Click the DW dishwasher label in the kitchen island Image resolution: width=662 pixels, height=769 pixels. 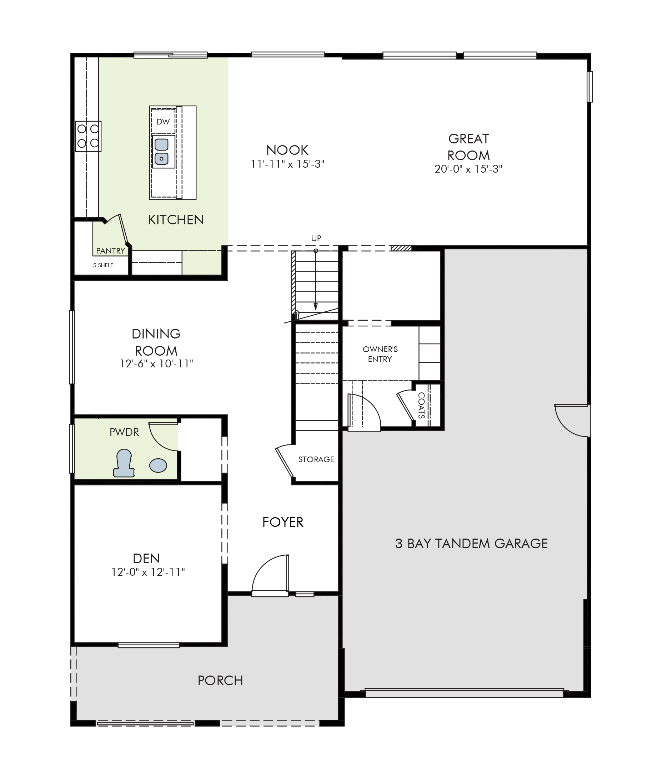[163, 121]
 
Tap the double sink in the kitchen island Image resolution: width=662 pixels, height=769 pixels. [162, 152]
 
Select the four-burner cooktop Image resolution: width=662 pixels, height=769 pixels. [89, 136]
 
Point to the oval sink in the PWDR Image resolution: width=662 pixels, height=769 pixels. [158, 465]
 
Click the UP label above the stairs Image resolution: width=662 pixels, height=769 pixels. [316, 238]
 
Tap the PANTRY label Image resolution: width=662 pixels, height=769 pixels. [111, 251]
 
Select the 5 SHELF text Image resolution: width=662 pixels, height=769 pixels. [103, 265]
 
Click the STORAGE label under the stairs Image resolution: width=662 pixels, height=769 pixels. [316, 459]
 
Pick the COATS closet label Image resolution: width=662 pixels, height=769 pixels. [421, 405]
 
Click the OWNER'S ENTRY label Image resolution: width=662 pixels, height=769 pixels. [380, 354]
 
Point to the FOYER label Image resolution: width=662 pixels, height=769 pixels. [283, 522]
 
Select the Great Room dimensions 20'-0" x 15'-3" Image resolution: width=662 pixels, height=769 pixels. [468, 169]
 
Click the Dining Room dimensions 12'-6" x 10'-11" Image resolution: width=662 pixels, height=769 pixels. [156, 363]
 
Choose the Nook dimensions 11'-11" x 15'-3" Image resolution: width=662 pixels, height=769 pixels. [287, 164]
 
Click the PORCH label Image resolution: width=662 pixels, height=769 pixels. [220, 680]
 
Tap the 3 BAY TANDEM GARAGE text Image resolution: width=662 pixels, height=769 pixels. [471, 543]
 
